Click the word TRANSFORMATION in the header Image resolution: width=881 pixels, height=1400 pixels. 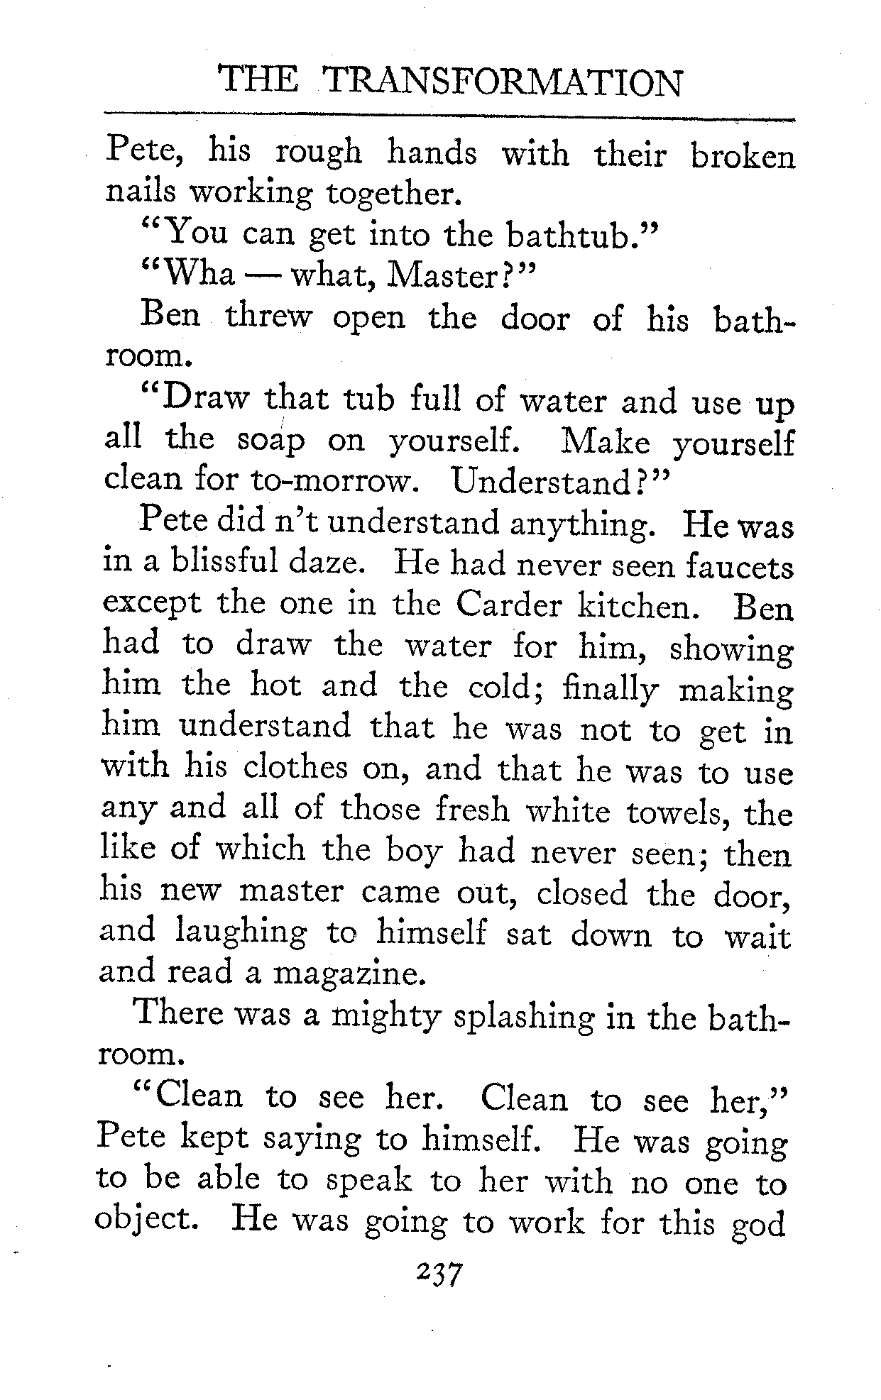point(503,83)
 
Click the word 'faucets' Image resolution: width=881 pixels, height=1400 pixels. point(740,566)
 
